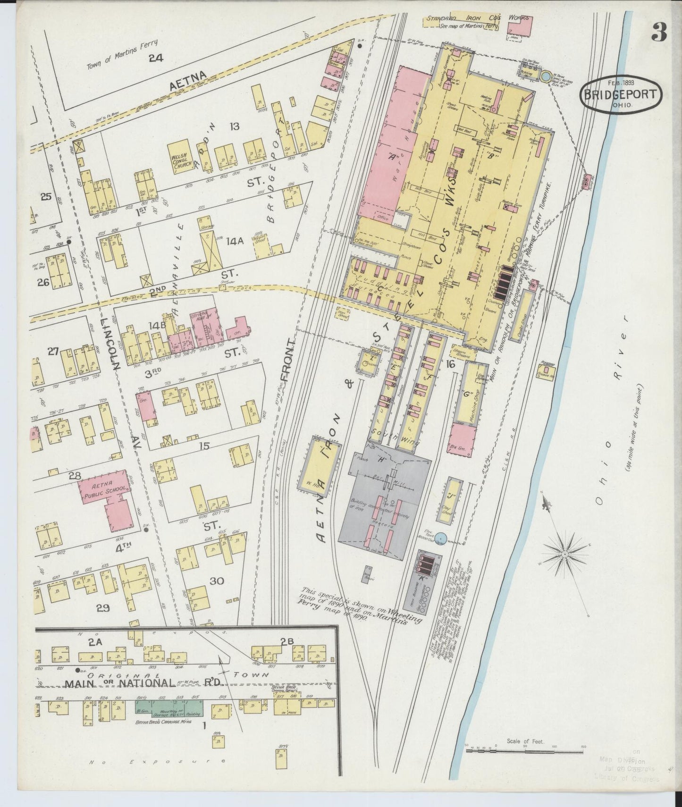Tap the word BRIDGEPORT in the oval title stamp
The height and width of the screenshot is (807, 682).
(x=621, y=93)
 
